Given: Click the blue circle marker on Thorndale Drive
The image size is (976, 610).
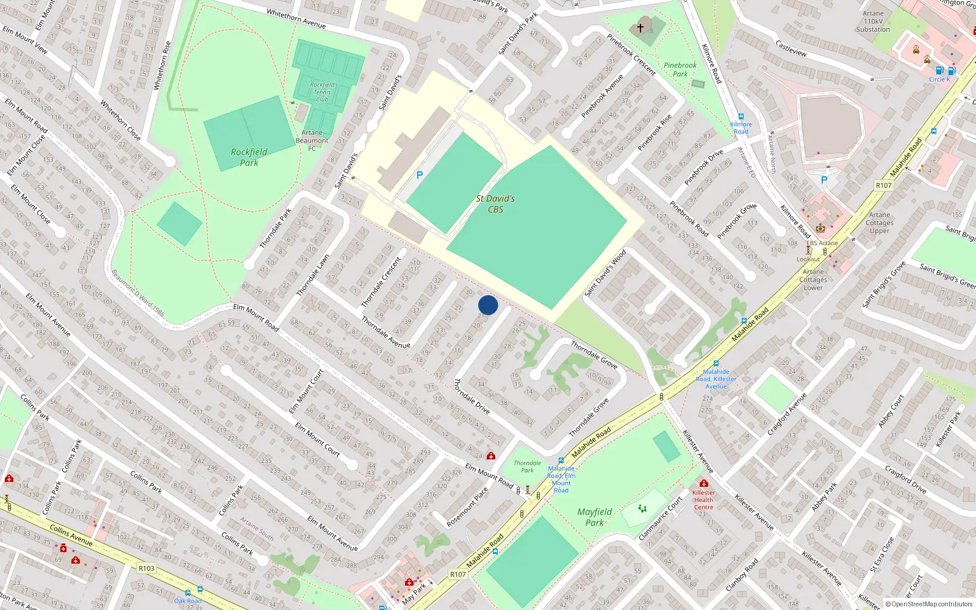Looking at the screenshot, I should coord(488,305).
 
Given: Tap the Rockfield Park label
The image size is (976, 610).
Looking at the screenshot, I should coord(249,157).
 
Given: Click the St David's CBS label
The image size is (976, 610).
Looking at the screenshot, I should coord(495,204).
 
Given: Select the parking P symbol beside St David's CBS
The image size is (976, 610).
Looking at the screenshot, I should coord(420,175).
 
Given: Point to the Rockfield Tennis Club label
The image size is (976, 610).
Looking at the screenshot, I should coord(322,92).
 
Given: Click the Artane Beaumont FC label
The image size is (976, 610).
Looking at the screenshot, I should coord(312,140).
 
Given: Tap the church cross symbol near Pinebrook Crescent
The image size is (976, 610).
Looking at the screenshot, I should coord(640,27).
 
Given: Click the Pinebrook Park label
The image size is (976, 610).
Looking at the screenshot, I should coord(680,70).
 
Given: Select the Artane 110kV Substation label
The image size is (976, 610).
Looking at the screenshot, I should coord(873,21).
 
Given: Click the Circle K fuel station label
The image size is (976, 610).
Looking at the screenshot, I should coord(939,79).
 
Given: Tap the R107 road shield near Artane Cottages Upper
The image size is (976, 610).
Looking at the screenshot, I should coord(883,185).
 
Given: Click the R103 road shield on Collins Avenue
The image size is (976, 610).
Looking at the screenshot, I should coord(146,569).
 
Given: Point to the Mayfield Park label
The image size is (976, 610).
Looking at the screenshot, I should coord(594,517).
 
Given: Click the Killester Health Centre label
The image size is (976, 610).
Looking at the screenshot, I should coord(703,500).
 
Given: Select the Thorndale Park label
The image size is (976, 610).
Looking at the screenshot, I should coord(527,467).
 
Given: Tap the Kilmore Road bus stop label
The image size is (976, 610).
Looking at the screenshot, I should coord(741,127).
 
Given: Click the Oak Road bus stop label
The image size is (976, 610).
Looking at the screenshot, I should coord(188,601).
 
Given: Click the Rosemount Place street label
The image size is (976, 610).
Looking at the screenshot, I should coord(467,506).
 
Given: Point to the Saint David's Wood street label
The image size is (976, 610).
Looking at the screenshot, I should coord(606,273).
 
